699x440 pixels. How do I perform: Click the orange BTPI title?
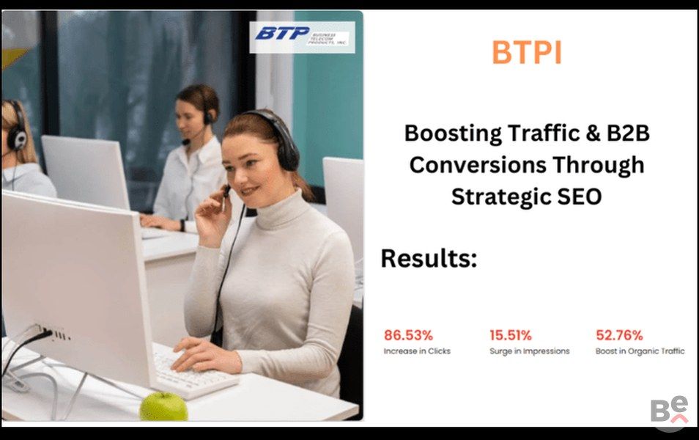click(x=527, y=52)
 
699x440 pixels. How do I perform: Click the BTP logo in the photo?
click(x=302, y=37)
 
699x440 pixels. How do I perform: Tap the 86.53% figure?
click(x=408, y=335)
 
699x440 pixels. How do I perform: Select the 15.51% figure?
click(x=511, y=335)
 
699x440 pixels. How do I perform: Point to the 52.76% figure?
click(x=619, y=335)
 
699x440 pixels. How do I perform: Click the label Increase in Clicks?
click(x=417, y=351)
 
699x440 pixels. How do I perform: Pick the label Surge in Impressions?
click(x=530, y=351)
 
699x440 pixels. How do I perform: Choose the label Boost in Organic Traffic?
click(x=640, y=351)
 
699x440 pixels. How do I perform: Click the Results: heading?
click(x=429, y=258)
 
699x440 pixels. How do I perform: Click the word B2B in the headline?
click(x=628, y=133)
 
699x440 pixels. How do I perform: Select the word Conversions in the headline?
click(x=478, y=165)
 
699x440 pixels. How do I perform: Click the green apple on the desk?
click(x=163, y=406)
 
